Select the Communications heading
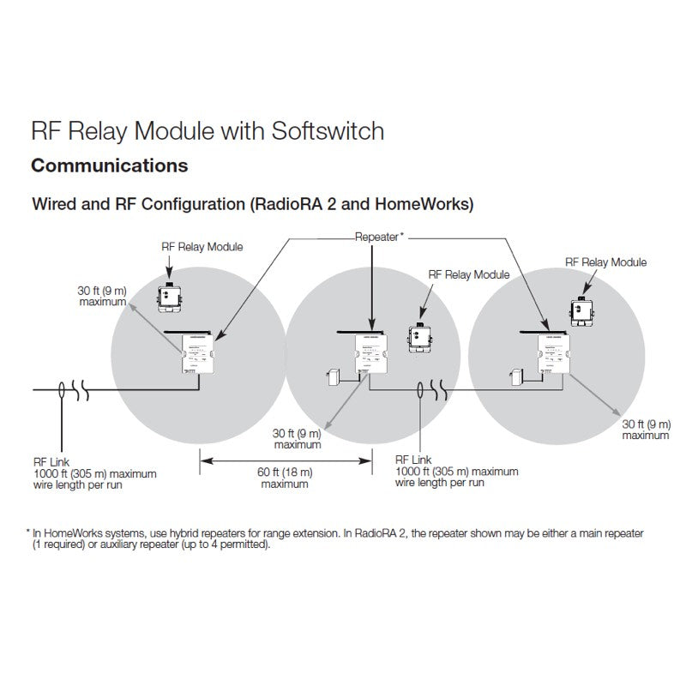[109, 164]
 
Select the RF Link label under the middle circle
[412, 460]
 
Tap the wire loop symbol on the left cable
[62, 391]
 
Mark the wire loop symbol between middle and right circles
[419, 391]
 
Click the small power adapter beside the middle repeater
[335, 377]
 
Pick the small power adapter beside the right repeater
[516, 377]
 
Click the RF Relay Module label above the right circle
[606, 262]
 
